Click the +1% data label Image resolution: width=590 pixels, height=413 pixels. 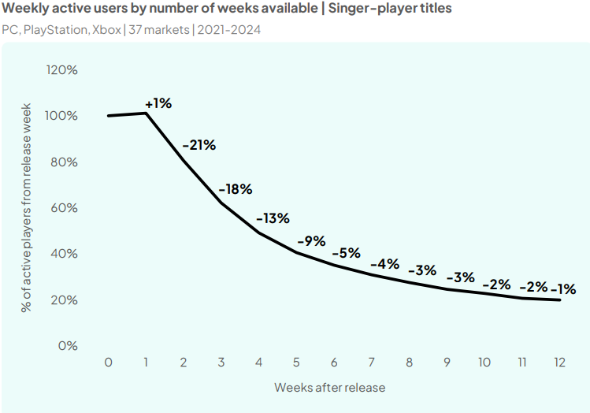point(158,103)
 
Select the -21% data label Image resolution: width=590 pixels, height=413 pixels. point(199,145)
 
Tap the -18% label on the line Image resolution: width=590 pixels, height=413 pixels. point(236,189)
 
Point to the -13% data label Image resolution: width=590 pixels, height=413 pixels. point(273,218)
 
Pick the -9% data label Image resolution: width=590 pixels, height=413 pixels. point(311,241)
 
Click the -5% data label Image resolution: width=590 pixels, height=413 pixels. point(346,253)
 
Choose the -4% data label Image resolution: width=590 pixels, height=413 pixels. point(384,263)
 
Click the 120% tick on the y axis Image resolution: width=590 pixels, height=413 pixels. point(62,69)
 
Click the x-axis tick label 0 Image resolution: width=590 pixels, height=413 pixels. point(109,363)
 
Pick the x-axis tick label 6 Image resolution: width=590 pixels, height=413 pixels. point(334,363)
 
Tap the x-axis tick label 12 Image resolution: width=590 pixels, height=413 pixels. point(558,363)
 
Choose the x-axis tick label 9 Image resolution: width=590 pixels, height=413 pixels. point(447,363)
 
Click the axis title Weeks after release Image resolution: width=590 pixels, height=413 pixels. point(329,388)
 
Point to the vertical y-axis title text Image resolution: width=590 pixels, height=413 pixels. point(26,208)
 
